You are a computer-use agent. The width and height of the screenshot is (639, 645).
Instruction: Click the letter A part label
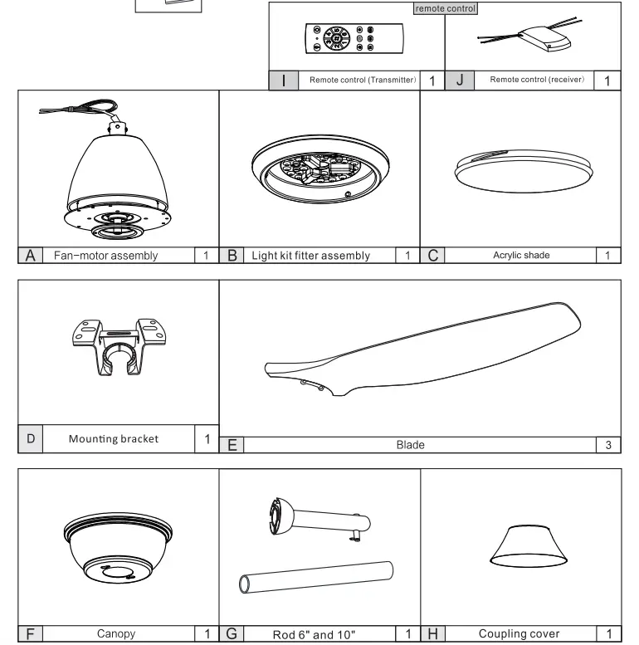(x=30, y=255)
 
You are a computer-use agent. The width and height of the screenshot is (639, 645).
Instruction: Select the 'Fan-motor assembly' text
(x=105, y=255)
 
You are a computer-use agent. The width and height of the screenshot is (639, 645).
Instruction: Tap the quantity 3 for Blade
(x=608, y=445)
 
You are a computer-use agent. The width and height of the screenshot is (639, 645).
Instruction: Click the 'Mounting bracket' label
(x=113, y=438)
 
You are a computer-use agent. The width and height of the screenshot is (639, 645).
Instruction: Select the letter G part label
(x=232, y=634)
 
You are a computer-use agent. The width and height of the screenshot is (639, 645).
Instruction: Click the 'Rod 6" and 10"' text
(x=314, y=634)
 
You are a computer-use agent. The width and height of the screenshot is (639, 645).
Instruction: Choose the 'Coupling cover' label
(x=519, y=634)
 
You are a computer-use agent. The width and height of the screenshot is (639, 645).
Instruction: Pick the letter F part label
(x=30, y=634)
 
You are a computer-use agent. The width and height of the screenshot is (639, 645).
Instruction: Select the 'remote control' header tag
(x=445, y=7)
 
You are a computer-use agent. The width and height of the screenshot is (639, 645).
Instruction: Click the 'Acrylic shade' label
(x=520, y=255)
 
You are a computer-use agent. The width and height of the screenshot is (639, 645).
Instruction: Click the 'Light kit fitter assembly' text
(x=310, y=255)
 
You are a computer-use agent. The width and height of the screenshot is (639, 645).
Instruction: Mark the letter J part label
(x=460, y=80)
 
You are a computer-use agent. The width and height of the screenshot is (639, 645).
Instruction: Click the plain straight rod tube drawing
(x=316, y=575)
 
